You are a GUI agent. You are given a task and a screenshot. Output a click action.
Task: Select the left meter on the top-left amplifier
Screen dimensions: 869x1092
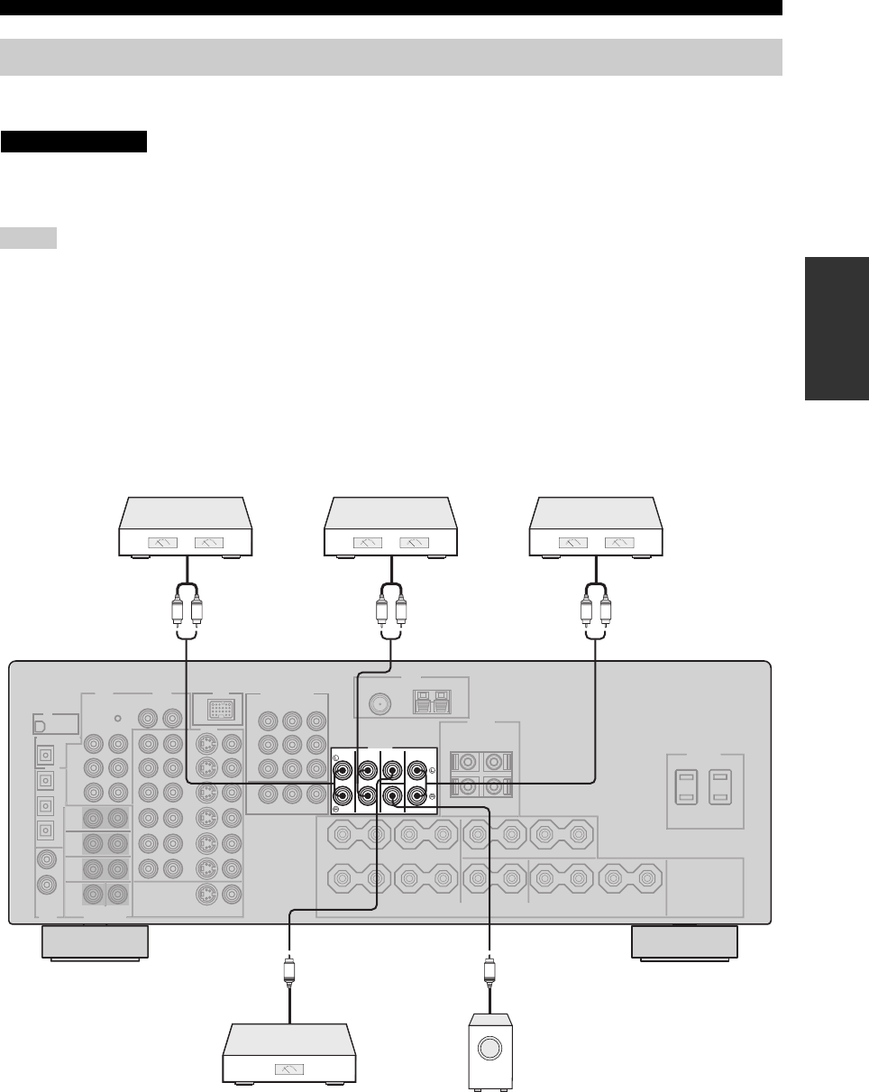(154, 544)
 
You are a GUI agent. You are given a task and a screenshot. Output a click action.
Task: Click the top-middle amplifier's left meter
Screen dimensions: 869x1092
(369, 544)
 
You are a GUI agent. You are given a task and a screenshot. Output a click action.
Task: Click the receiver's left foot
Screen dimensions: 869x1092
(95, 942)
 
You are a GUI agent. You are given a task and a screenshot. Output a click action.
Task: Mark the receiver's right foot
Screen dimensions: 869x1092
(684, 942)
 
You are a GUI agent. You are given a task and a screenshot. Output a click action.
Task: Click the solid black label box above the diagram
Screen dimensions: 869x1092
(74, 142)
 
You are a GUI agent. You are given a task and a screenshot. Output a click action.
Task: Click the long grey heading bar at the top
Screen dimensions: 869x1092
(390, 57)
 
